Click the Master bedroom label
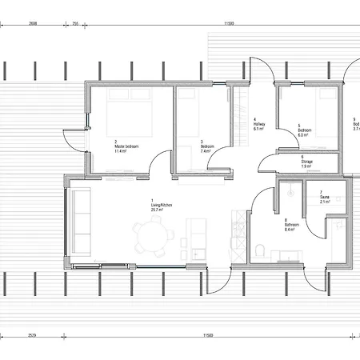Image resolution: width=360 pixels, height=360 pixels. [x=126, y=147]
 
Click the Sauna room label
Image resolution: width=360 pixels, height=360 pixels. [x=325, y=198]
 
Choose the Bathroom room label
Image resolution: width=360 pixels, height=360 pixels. [x=292, y=225]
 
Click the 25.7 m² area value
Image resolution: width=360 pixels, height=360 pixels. [x=160, y=210]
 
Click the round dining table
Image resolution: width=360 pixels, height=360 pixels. [x=154, y=238]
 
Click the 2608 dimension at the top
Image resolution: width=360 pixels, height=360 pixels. [x=33, y=24]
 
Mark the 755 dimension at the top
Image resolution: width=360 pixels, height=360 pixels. [x=75, y=24]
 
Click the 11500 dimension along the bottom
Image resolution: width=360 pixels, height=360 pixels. [x=206, y=335]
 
